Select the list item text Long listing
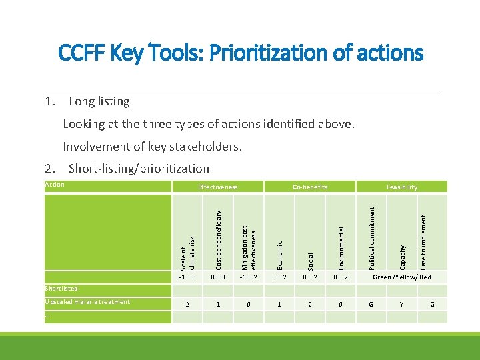(x=99, y=101)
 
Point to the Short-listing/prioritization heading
(x=139, y=169)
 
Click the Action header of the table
(x=54, y=185)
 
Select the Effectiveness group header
(x=217, y=187)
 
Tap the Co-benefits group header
(x=310, y=187)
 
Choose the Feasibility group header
(x=402, y=187)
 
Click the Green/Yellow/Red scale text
(x=402, y=277)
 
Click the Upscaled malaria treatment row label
(x=87, y=302)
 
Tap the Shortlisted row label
(x=61, y=289)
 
